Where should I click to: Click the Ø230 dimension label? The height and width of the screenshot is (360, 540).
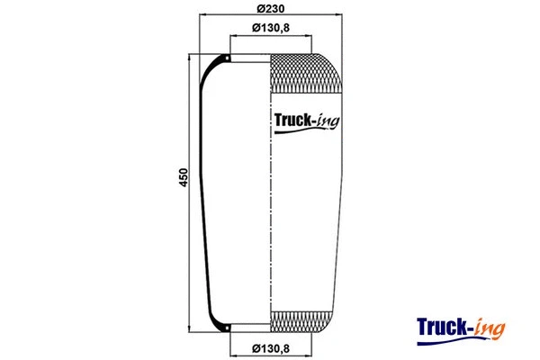tap(271, 8)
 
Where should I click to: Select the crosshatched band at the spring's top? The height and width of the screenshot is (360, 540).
tap(306, 73)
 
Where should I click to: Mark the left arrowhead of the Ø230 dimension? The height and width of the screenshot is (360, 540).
tap(202, 16)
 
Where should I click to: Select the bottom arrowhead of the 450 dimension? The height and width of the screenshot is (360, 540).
tap(189, 330)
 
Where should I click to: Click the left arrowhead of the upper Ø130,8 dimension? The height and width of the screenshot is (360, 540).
tap(232, 36)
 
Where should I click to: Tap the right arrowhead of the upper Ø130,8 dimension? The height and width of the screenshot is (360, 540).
tap(310, 36)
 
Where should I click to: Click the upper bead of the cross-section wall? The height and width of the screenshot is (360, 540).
tap(227, 60)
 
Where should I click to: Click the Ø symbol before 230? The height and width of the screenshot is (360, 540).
tap(258, 8)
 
